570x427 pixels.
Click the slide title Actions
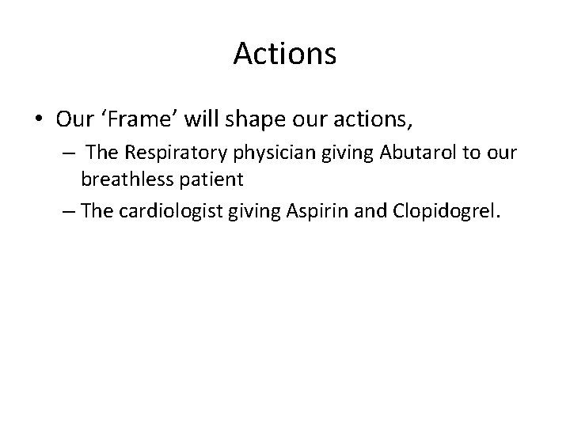[285, 55]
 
